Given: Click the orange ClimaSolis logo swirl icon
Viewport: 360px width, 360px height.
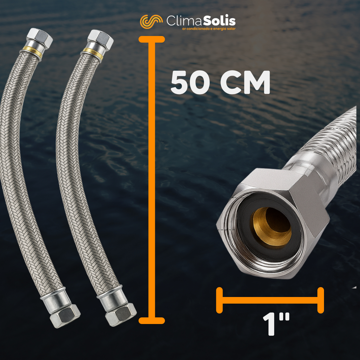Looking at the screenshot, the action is pos(151,22).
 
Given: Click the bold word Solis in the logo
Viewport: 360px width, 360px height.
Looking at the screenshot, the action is pos(219,21).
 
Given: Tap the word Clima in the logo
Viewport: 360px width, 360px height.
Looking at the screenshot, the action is pos(184,21).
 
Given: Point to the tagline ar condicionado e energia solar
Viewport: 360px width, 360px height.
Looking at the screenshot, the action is pos(209,29).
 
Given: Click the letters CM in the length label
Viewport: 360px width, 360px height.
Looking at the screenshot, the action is pos(245,82).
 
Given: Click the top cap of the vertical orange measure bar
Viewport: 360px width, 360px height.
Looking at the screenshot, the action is pos(152,39).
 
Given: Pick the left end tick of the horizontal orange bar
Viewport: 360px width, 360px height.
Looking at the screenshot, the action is pos(219,303).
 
